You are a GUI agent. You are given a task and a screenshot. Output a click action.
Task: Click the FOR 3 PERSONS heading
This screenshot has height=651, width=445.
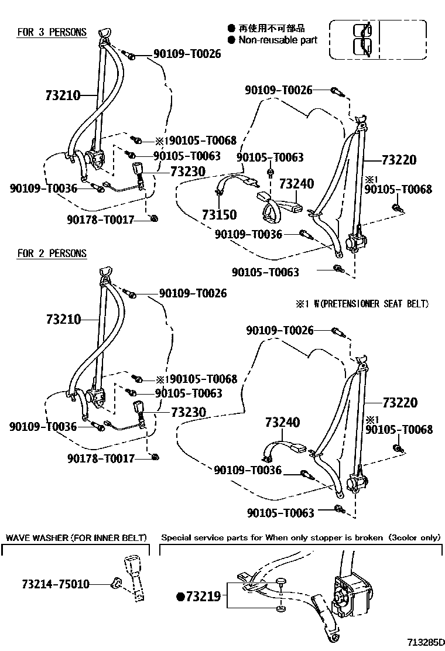52,32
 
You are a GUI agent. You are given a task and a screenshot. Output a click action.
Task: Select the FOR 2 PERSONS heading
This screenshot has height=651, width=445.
52,253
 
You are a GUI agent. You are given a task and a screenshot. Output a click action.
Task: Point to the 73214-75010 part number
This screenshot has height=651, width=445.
56,584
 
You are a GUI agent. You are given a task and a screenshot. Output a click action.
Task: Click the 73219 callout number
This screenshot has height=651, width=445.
203,597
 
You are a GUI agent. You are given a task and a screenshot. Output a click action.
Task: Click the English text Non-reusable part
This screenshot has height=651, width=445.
278,40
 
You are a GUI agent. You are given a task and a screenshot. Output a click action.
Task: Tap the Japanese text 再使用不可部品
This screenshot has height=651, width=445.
271,28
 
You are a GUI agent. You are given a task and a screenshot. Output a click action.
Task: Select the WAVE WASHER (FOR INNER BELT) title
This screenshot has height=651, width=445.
76,537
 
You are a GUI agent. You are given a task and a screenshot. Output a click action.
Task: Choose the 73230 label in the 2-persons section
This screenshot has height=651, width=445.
189,412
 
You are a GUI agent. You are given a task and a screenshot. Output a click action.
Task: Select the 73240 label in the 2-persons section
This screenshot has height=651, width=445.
282,422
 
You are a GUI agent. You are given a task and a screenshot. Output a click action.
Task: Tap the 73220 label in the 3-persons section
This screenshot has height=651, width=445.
399,160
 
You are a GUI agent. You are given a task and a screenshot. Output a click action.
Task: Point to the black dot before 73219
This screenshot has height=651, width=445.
181,597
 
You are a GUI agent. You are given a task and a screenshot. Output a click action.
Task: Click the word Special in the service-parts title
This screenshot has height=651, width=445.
175,537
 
